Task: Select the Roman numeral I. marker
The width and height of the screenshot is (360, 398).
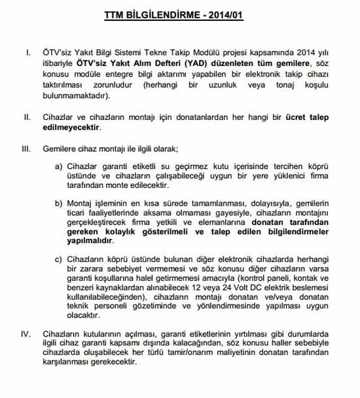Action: (27, 50)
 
